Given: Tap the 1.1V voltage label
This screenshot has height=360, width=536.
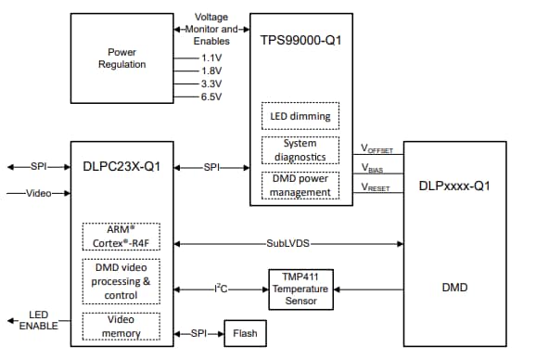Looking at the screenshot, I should pos(211,58).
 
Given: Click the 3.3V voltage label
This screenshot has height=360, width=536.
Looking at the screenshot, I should pos(211,83).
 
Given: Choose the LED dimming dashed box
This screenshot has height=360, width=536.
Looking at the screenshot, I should pos(300,115).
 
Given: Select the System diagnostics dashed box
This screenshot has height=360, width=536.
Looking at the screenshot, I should pos(300,149).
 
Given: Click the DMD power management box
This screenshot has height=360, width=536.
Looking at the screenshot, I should pos(300,186).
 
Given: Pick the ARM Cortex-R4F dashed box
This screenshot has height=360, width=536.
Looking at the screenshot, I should pos(121,236).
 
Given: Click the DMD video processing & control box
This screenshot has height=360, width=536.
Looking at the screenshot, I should pos(121,281).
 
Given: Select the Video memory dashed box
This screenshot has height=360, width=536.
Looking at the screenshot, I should pos(121,326).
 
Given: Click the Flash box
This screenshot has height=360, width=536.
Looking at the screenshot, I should pos(246,332).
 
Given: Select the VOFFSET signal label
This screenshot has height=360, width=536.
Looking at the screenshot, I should pos(378,148).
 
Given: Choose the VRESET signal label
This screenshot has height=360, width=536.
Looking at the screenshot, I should pos(376,186).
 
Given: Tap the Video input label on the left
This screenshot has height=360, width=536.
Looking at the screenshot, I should pos(39,193).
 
